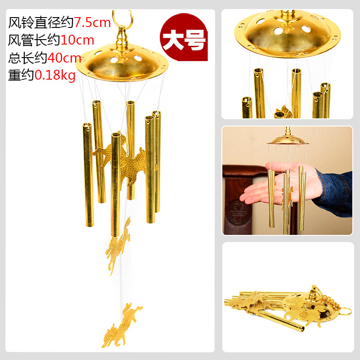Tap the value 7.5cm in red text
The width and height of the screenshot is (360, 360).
coord(92,23)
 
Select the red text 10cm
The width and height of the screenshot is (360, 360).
coord(77,40)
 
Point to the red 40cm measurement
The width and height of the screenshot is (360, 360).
coord(64,58)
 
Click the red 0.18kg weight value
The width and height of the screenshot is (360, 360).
coord(55,75)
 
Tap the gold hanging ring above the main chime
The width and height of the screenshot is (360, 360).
coord(122,17)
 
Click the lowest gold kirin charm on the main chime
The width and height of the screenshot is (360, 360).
coord(121,325)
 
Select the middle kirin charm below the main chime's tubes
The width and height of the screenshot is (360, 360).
coord(118,246)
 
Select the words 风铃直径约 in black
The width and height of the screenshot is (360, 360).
coord(41,23)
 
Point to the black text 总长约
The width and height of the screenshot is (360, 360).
coord(28,58)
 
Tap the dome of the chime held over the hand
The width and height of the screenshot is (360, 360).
coord(288,140)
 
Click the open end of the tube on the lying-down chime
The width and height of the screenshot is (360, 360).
coord(301,329)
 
